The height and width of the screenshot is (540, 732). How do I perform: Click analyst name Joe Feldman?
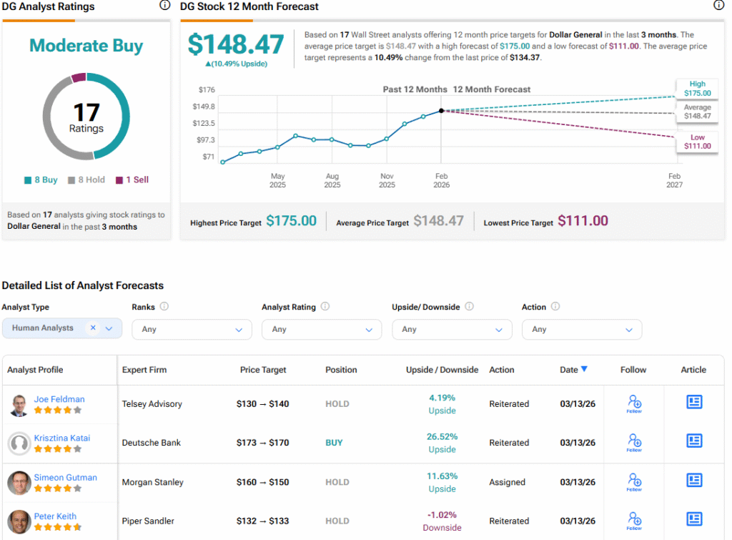click(x=59, y=399)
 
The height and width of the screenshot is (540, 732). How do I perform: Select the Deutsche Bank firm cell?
click(x=152, y=443)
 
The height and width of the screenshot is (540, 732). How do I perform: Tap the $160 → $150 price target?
click(x=262, y=482)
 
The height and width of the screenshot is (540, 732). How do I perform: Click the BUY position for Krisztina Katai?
click(x=334, y=443)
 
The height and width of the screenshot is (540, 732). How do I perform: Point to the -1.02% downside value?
click(x=442, y=515)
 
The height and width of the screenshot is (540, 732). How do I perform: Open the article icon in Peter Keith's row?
click(x=693, y=519)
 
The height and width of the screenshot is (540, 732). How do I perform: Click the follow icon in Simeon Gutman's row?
click(x=633, y=480)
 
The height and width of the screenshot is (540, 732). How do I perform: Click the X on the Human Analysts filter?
click(x=93, y=328)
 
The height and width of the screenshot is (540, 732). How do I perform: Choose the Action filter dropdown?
click(x=581, y=329)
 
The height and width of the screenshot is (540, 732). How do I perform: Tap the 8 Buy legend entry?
click(x=41, y=180)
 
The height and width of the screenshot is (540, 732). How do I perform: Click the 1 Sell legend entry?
click(x=132, y=180)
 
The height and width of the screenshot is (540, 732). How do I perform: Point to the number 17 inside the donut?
click(x=86, y=112)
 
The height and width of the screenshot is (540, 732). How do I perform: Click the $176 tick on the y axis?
click(x=207, y=89)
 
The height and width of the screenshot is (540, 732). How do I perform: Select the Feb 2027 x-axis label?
click(x=674, y=180)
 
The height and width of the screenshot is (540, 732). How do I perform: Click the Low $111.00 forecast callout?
click(x=697, y=142)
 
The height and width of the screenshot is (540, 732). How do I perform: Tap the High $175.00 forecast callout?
click(x=697, y=89)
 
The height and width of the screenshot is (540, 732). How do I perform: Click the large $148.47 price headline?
click(x=236, y=44)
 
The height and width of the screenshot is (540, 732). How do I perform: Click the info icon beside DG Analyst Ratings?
click(x=164, y=6)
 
